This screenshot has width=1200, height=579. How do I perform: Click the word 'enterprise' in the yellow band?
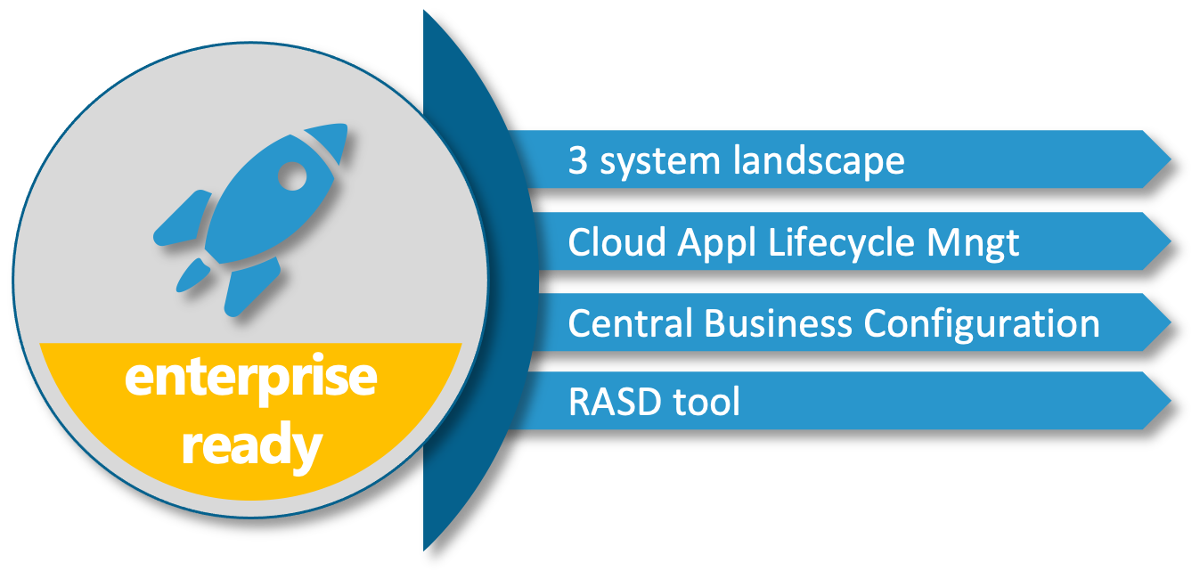[x=250, y=379]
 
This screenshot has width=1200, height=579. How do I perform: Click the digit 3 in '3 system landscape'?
[x=578, y=161]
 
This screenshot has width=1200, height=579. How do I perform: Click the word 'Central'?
[x=630, y=322]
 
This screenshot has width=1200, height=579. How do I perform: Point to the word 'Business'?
[x=778, y=322]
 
